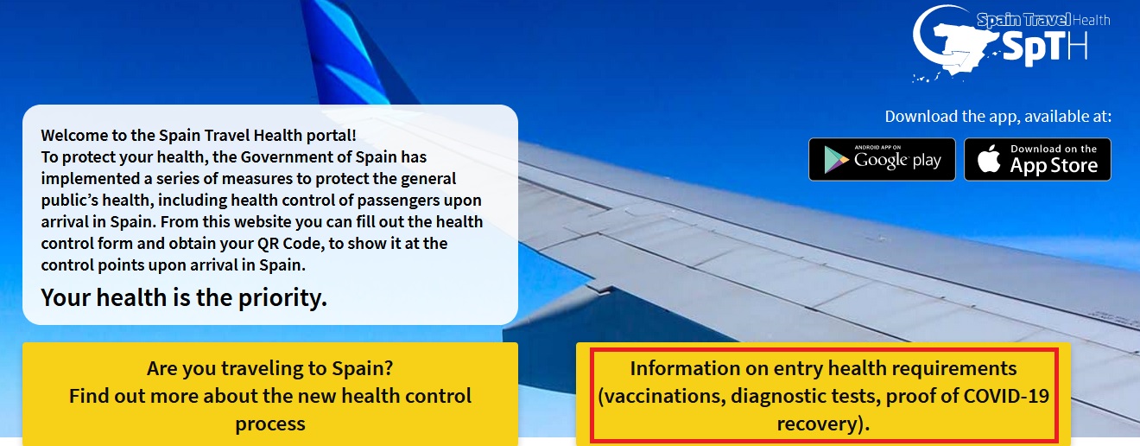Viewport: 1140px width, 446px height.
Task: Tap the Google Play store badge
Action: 882,159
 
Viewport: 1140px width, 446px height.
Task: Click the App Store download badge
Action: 1038,159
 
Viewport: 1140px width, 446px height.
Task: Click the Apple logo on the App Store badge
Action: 989,159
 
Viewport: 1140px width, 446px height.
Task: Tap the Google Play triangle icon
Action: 836,159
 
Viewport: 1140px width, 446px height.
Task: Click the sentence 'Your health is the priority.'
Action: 184,298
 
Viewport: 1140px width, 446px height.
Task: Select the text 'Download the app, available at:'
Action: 998,117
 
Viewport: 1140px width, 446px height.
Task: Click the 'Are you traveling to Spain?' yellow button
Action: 270,395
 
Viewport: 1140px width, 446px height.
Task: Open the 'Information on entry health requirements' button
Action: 823,395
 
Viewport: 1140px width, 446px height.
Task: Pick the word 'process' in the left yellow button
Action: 270,424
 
